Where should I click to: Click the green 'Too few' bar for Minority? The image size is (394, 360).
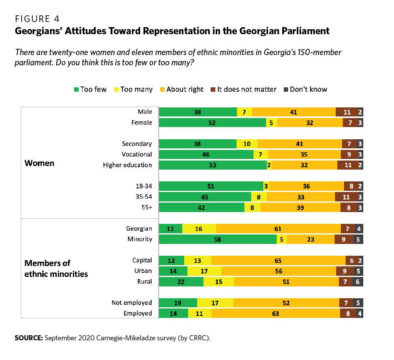point(218,239)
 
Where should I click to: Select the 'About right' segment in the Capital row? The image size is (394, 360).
point(278,260)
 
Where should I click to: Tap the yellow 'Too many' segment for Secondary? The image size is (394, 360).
point(247,144)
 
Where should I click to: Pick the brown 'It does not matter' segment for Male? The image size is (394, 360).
point(347,112)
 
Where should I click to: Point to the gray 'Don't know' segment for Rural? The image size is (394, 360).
point(358,282)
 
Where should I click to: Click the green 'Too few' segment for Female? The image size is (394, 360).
point(213,123)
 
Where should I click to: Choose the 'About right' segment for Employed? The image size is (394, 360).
point(276,314)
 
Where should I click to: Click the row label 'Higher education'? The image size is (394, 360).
point(127,165)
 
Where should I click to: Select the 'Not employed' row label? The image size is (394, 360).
point(131,303)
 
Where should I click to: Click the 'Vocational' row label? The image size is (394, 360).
point(137,154)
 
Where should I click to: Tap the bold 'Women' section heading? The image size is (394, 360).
point(39,163)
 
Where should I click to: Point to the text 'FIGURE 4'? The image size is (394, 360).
point(37,18)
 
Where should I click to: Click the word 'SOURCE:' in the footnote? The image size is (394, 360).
point(28,338)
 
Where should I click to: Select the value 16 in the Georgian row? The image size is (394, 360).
point(199,228)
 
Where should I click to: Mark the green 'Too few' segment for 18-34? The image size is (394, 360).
point(211,186)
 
